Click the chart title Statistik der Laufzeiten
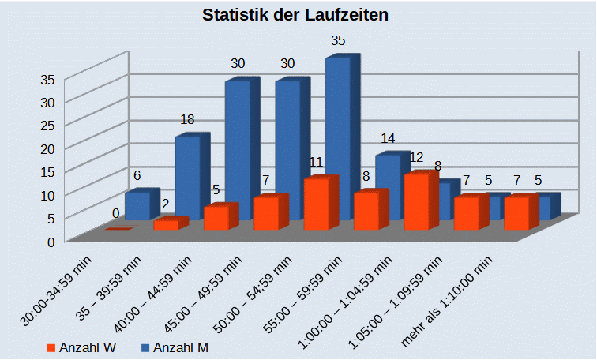coord(295,15)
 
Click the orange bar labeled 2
coord(166,225)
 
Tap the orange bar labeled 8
coord(366,211)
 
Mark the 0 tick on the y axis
coord(51,242)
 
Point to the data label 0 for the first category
coord(115,213)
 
